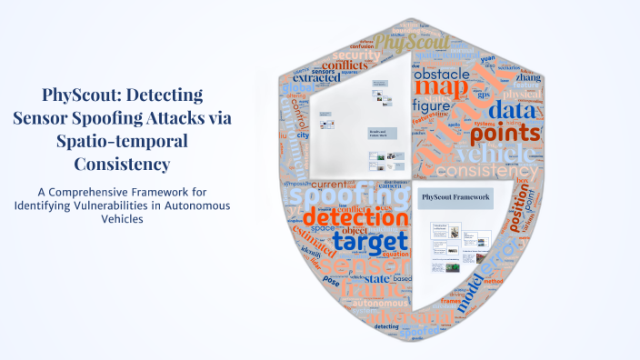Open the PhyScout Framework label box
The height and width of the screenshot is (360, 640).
pos(455,197)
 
